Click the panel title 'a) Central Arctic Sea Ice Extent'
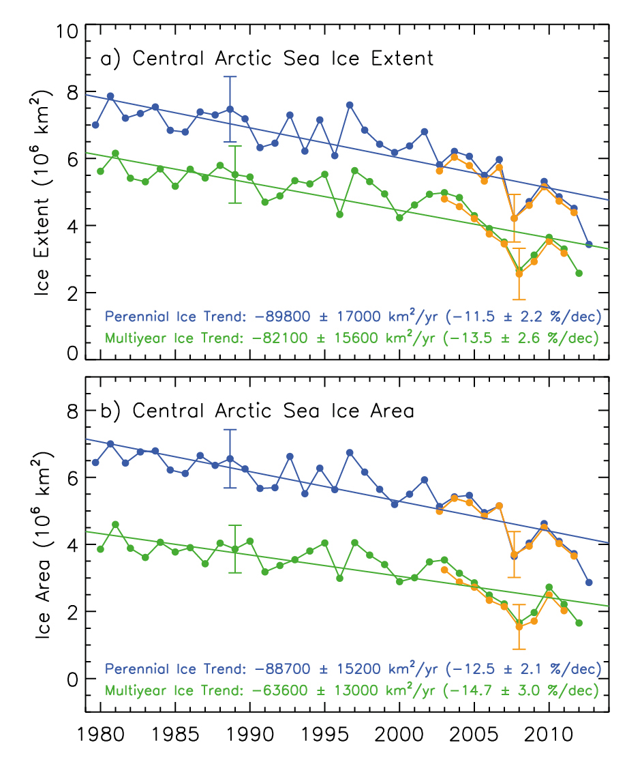pos(267,59)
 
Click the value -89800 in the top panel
pos(281,317)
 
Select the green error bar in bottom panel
pos(235,548)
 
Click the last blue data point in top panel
pos(589,244)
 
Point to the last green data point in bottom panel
pos(579,623)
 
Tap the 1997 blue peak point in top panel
pos(350,105)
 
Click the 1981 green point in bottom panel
pos(115,525)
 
